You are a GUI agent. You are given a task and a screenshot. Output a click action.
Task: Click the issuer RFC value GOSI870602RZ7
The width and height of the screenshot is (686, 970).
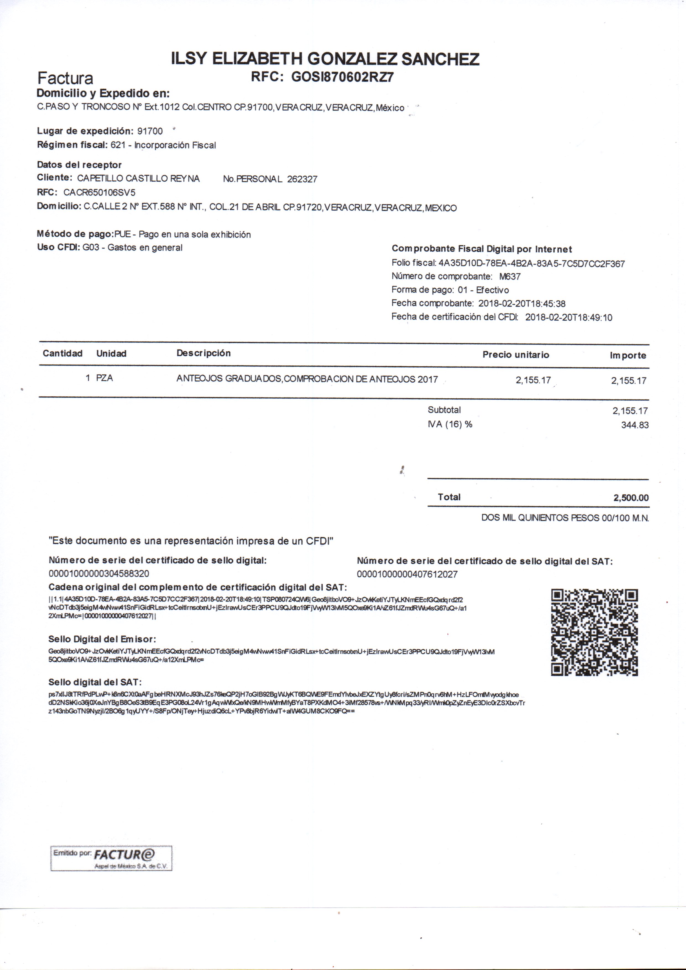342,77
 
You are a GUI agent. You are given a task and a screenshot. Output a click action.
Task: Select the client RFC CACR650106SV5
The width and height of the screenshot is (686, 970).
99,193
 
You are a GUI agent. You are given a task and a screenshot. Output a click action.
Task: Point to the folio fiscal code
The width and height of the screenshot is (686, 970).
531,264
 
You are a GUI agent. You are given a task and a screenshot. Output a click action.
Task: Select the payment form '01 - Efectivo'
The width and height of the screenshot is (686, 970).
483,290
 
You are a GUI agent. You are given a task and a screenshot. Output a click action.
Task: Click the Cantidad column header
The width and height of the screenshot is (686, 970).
62,353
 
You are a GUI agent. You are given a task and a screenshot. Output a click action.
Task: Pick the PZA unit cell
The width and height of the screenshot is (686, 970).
105,378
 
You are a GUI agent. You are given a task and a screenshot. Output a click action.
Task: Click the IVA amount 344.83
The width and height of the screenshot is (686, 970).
635,425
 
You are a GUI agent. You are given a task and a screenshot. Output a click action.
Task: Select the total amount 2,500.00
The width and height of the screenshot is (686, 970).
631,498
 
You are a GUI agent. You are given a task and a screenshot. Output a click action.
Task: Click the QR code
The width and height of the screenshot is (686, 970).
594,632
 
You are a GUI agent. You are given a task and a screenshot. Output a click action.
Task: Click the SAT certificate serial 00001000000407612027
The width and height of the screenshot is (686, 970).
407,574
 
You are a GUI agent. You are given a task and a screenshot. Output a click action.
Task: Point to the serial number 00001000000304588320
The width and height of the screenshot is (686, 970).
99,574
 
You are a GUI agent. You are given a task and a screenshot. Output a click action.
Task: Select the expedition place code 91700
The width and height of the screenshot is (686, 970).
150,131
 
